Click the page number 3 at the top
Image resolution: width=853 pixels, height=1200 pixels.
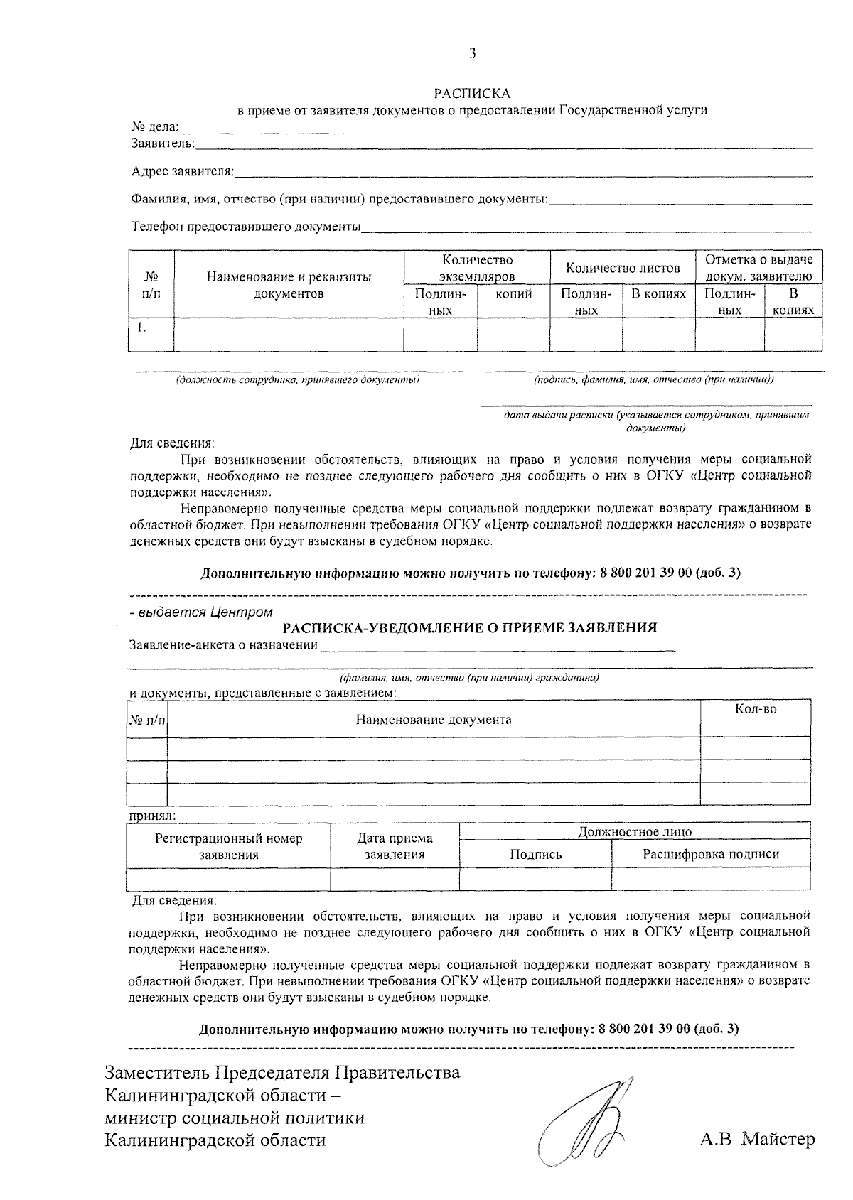(472, 54)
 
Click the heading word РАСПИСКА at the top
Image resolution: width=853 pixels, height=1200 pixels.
(472, 93)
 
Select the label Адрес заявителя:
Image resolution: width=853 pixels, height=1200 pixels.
(183, 172)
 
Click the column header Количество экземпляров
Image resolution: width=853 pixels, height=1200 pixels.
(477, 268)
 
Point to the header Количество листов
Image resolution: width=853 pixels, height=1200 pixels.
(623, 268)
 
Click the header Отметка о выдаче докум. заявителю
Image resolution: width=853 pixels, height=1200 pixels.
(758, 268)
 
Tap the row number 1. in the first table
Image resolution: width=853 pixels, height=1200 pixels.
(141, 328)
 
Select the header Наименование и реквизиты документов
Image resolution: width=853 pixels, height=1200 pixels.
(289, 285)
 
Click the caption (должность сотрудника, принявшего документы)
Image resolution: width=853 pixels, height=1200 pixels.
(298, 380)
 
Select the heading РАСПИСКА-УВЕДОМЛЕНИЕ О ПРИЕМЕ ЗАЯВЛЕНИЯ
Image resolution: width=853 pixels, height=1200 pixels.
(470, 627)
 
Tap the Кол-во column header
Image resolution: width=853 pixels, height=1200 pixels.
(756, 710)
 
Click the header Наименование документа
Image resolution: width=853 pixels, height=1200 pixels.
(434, 720)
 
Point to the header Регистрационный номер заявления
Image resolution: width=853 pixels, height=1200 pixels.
(229, 846)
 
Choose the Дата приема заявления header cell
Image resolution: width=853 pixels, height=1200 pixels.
(395, 846)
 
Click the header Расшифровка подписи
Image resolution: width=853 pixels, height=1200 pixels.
(711, 854)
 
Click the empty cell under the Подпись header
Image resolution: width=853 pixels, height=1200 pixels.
(535, 878)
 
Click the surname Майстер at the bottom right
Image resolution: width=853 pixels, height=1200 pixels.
(778, 1140)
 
